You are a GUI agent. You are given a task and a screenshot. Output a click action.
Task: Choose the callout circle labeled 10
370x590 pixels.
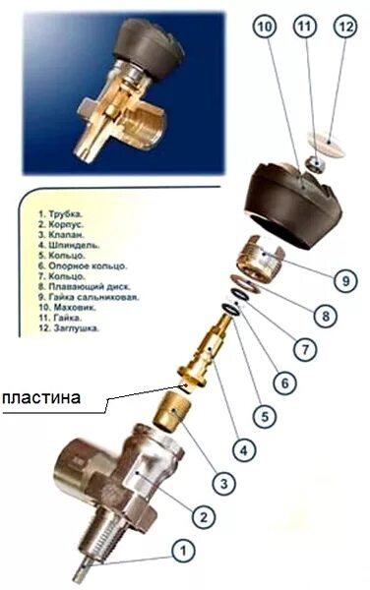pos(262,29)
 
